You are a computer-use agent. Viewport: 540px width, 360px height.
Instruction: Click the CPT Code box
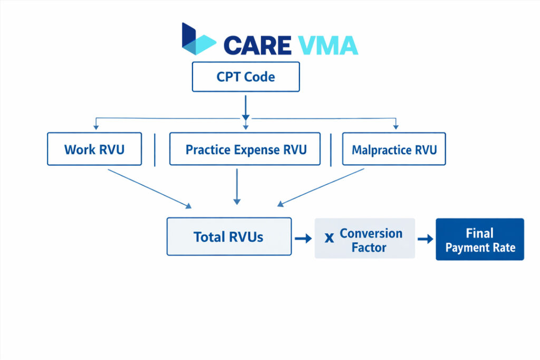(246, 77)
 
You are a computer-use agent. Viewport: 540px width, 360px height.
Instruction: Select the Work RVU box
(94, 149)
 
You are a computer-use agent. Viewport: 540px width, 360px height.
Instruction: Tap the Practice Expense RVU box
(245, 149)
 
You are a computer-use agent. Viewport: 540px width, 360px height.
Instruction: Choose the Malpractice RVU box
(394, 150)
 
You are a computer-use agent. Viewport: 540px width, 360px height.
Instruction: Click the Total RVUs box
(229, 237)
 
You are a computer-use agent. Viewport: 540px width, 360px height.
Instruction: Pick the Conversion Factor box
(365, 239)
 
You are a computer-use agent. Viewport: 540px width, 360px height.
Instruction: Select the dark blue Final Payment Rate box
(479, 240)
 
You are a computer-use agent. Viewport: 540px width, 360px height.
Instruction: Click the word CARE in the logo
(257, 45)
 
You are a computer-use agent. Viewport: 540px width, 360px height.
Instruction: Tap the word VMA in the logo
(327, 45)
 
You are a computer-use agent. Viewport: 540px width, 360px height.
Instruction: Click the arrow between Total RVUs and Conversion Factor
(303, 239)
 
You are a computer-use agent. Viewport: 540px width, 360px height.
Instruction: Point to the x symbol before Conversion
(330, 238)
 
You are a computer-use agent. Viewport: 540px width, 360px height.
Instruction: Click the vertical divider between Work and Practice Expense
(155, 150)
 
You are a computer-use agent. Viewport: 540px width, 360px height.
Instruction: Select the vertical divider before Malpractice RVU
(331, 150)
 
